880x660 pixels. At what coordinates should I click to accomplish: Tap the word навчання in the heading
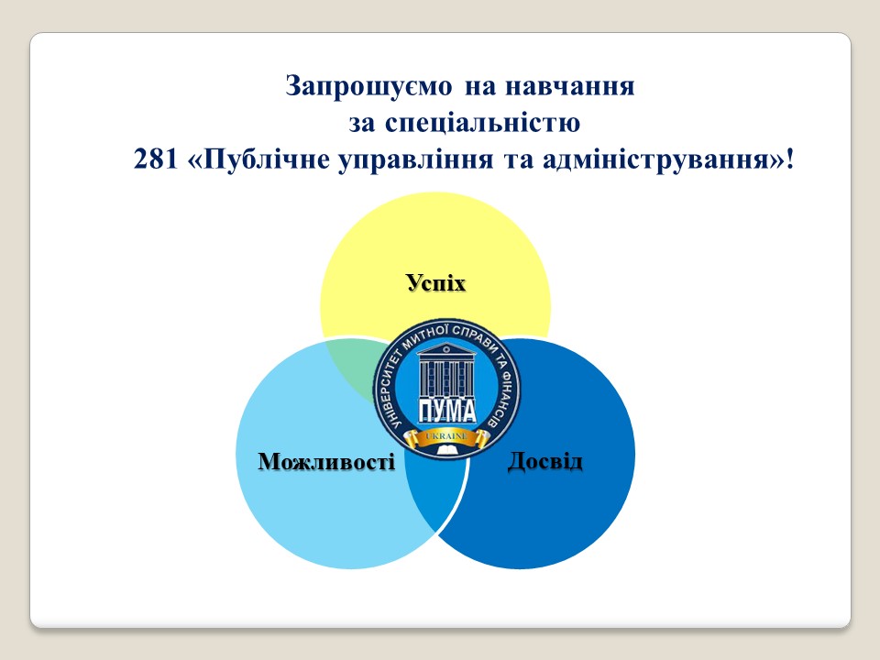570,86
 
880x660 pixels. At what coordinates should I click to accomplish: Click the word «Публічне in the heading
259,159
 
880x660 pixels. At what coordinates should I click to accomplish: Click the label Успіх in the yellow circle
436,282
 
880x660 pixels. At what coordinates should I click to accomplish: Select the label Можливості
326,461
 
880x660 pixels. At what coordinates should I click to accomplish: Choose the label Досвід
544,461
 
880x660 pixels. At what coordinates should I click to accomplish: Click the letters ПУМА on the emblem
446,411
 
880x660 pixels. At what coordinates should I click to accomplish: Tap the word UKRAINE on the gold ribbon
446,436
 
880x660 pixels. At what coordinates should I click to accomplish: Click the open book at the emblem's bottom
447,450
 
